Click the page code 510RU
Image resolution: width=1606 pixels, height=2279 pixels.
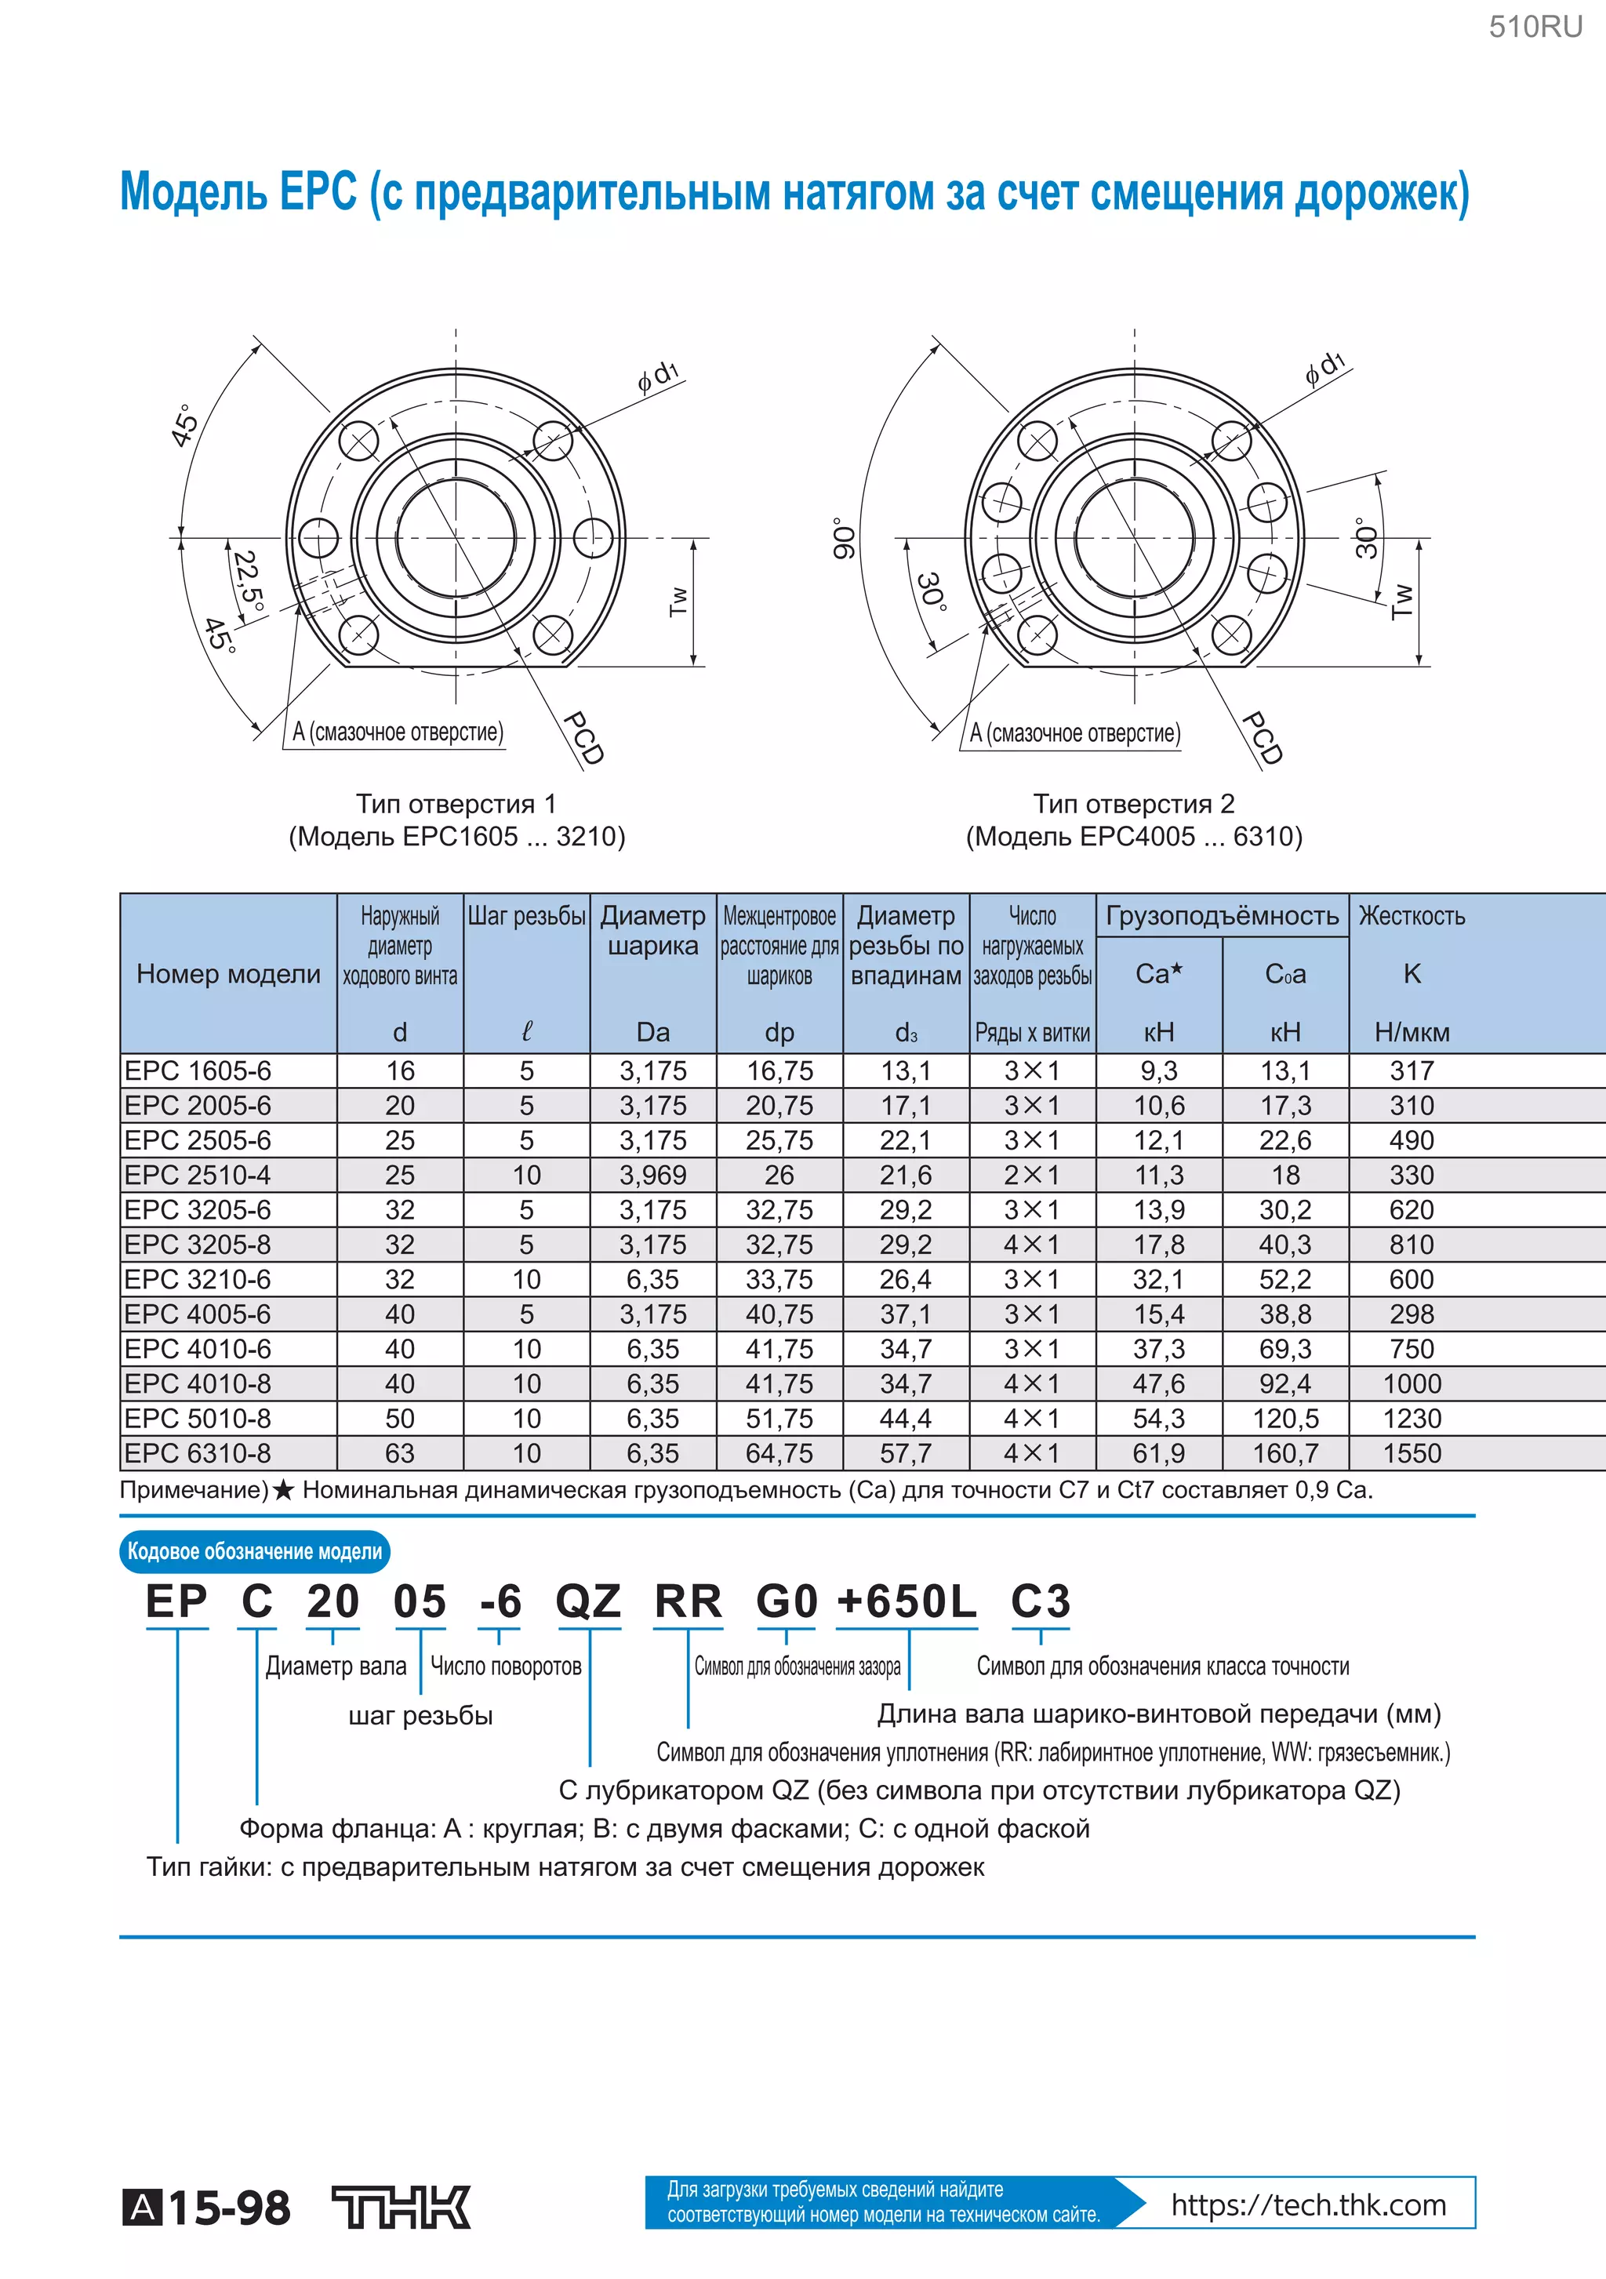[x=1535, y=27]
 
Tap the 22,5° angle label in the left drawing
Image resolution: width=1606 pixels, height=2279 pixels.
[x=248, y=583]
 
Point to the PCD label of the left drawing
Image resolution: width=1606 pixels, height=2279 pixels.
[x=583, y=737]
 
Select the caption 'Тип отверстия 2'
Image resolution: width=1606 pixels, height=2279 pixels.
[x=1133, y=803]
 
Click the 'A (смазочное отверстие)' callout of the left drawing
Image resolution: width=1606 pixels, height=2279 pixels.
[x=397, y=732]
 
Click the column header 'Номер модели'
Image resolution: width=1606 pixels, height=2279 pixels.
[x=228, y=974]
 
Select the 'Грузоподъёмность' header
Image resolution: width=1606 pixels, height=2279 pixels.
[x=1222, y=915]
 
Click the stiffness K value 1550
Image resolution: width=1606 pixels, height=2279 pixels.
[x=1412, y=1453]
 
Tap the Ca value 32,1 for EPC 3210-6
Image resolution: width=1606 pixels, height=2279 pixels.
[x=1158, y=1279]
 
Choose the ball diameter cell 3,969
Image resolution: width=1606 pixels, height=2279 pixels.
[x=652, y=1176]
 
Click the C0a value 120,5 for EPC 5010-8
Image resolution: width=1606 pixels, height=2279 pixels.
[x=1284, y=1419]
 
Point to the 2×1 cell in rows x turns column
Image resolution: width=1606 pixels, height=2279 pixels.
[x=1031, y=1176]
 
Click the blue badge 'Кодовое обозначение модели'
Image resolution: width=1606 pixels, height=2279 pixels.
[x=254, y=1551]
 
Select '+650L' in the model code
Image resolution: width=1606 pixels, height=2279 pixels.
[x=907, y=1602]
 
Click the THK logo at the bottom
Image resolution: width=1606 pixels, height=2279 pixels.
[x=401, y=2208]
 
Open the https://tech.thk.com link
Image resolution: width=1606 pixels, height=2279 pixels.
[x=1307, y=2205]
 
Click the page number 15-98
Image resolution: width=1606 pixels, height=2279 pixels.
[x=228, y=2208]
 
